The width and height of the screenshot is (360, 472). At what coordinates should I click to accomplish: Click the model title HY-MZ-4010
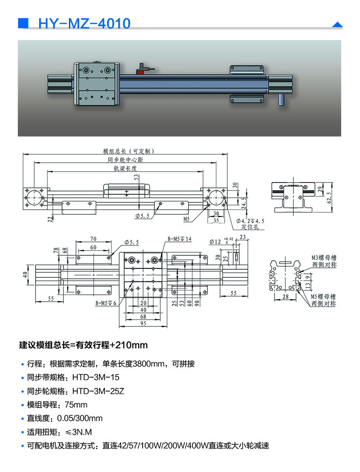[85, 23]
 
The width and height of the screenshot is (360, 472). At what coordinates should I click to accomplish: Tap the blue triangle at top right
[337, 25]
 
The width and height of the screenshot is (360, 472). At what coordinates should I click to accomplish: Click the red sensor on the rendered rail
[141, 70]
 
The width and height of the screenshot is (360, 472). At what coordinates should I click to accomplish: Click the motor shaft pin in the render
[282, 99]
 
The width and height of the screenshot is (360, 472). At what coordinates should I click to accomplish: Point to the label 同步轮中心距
[126, 160]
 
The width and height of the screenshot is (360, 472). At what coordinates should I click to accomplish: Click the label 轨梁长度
[126, 169]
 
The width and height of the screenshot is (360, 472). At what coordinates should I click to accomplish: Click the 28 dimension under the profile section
[285, 297]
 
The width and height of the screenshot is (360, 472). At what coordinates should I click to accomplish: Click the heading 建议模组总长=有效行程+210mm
[83, 346]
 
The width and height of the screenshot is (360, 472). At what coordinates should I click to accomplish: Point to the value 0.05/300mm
[80, 419]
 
